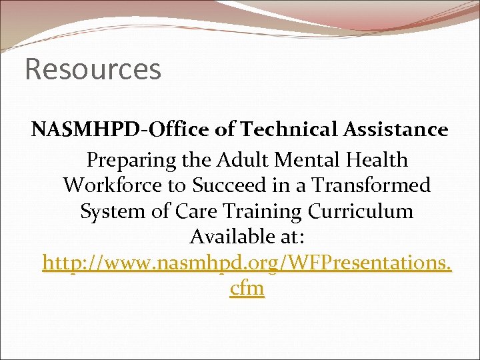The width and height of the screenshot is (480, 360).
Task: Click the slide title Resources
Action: click(93, 69)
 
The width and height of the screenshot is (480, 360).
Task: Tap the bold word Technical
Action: click(299, 130)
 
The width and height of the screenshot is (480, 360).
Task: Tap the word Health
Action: click(379, 160)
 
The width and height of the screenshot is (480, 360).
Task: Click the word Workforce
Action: click(111, 185)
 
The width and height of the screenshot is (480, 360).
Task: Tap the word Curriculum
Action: click(361, 211)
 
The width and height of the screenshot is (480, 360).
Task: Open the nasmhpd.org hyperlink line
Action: click(247, 263)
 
